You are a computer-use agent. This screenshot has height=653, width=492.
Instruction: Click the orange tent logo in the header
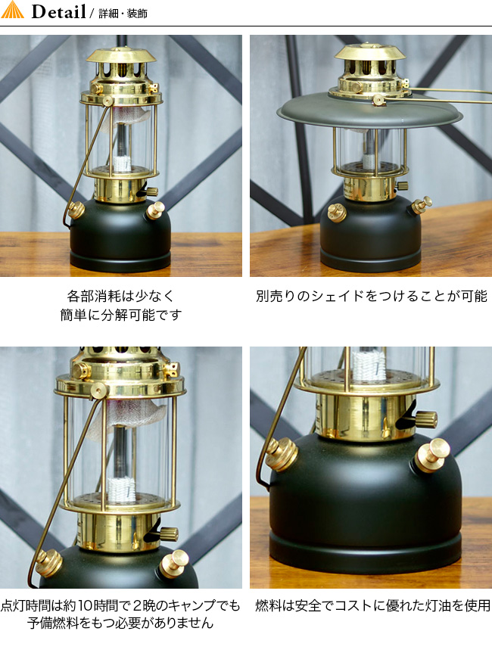tap(13, 10)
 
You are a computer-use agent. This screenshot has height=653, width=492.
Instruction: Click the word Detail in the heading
tap(59, 11)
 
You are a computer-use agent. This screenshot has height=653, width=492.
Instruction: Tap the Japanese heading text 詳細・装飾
tap(123, 14)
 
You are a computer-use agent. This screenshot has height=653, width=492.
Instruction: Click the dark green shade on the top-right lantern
tap(370, 111)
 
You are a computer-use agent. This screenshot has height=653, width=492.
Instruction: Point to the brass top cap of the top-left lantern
tap(121, 56)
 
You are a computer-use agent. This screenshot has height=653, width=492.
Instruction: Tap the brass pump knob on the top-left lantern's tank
tap(155, 210)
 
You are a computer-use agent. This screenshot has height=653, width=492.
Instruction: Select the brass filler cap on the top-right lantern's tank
tap(337, 213)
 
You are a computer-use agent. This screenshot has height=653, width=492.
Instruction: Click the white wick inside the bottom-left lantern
tap(121, 489)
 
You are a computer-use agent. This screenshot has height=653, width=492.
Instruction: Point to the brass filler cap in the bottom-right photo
tap(282, 453)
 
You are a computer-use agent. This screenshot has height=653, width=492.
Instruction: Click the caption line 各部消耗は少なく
tap(120, 296)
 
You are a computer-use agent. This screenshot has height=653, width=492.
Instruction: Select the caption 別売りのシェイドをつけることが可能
tap(371, 296)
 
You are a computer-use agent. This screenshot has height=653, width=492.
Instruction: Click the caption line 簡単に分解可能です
tap(121, 315)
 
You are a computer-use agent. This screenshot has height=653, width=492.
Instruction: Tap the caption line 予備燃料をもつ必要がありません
tap(120, 623)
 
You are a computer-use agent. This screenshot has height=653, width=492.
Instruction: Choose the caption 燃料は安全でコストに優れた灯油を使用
tap(372, 605)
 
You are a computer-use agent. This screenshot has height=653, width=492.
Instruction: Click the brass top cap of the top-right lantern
tap(370, 51)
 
